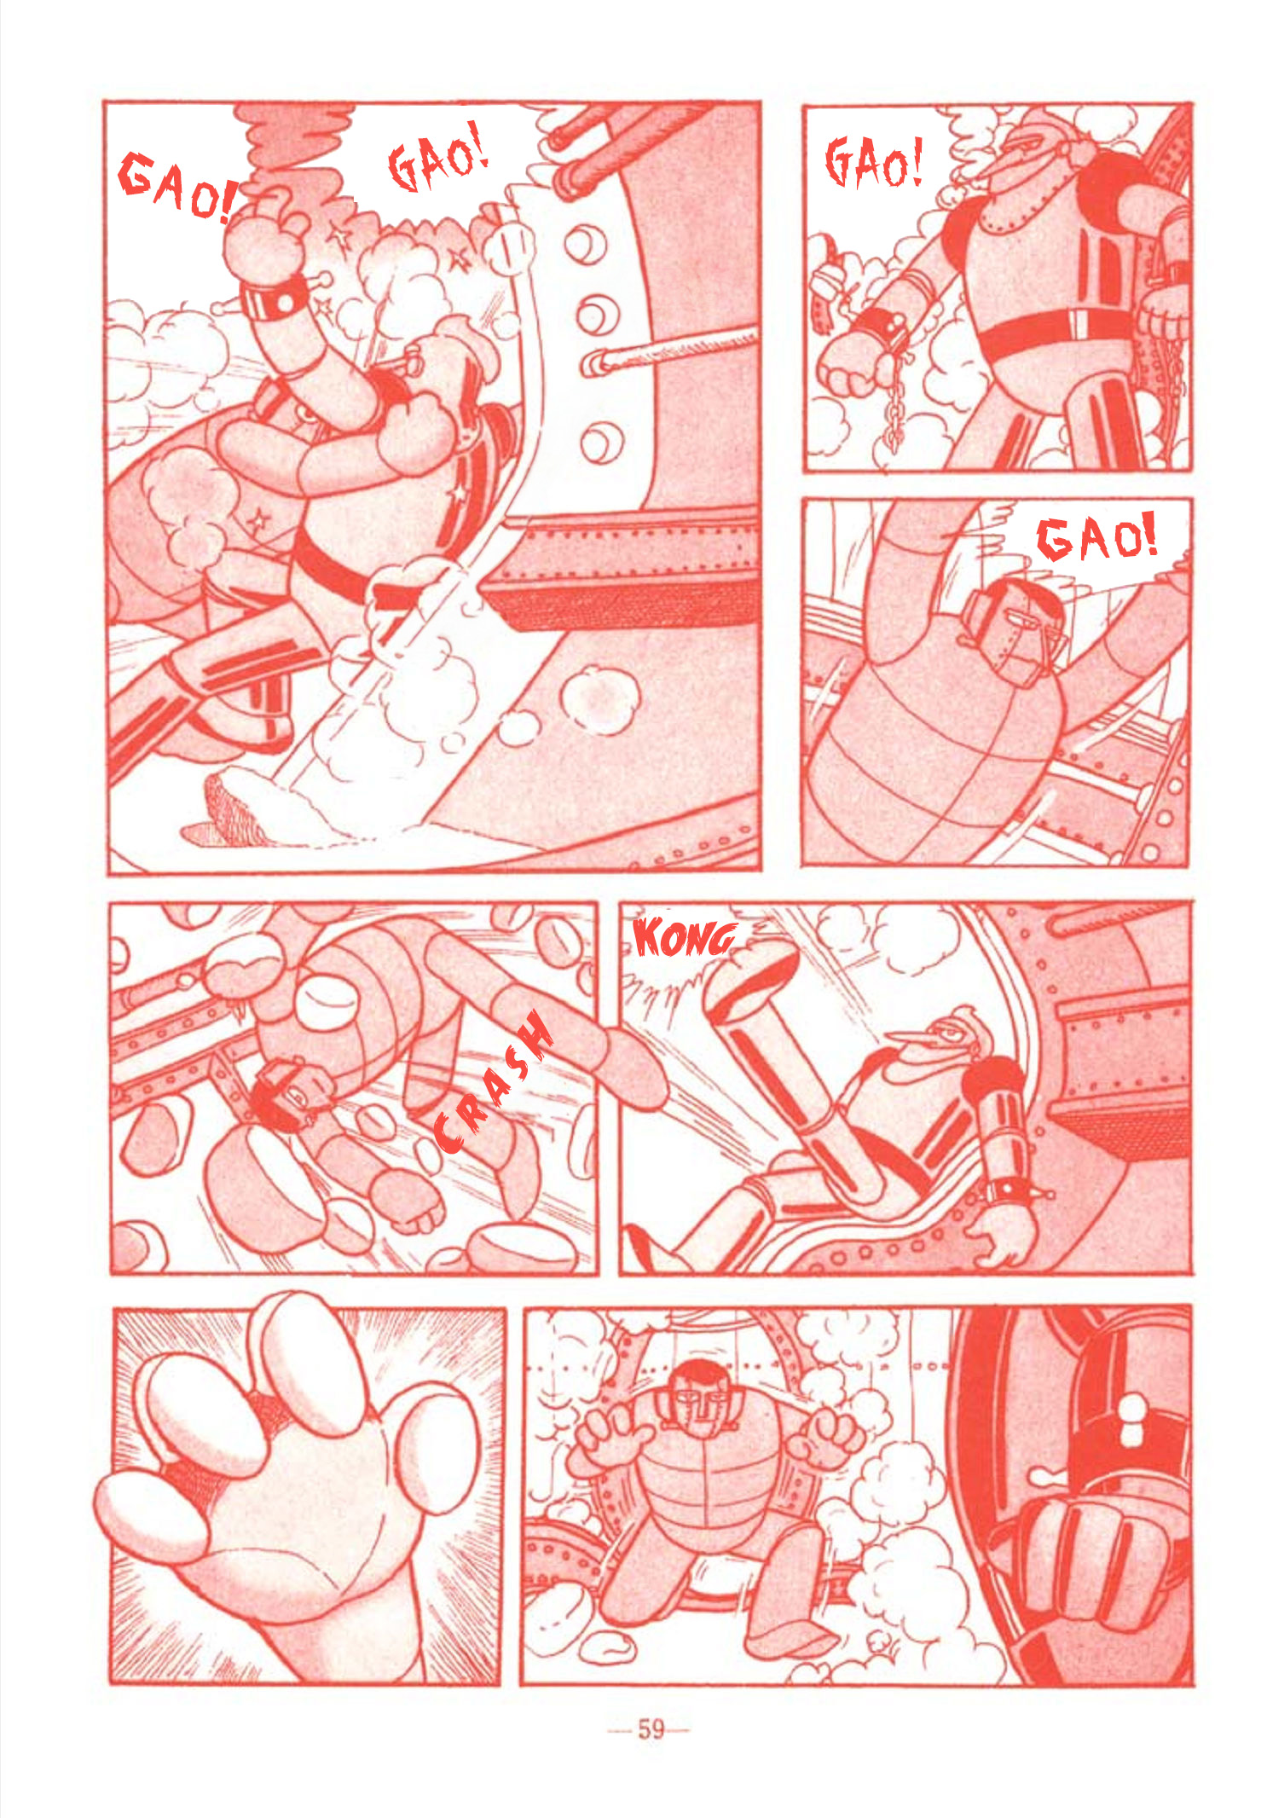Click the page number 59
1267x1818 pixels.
click(650, 1729)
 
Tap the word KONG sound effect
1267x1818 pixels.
click(683, 938)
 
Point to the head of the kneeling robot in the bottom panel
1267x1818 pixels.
click(703, 1395)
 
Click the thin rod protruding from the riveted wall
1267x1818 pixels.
click(670, 349)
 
